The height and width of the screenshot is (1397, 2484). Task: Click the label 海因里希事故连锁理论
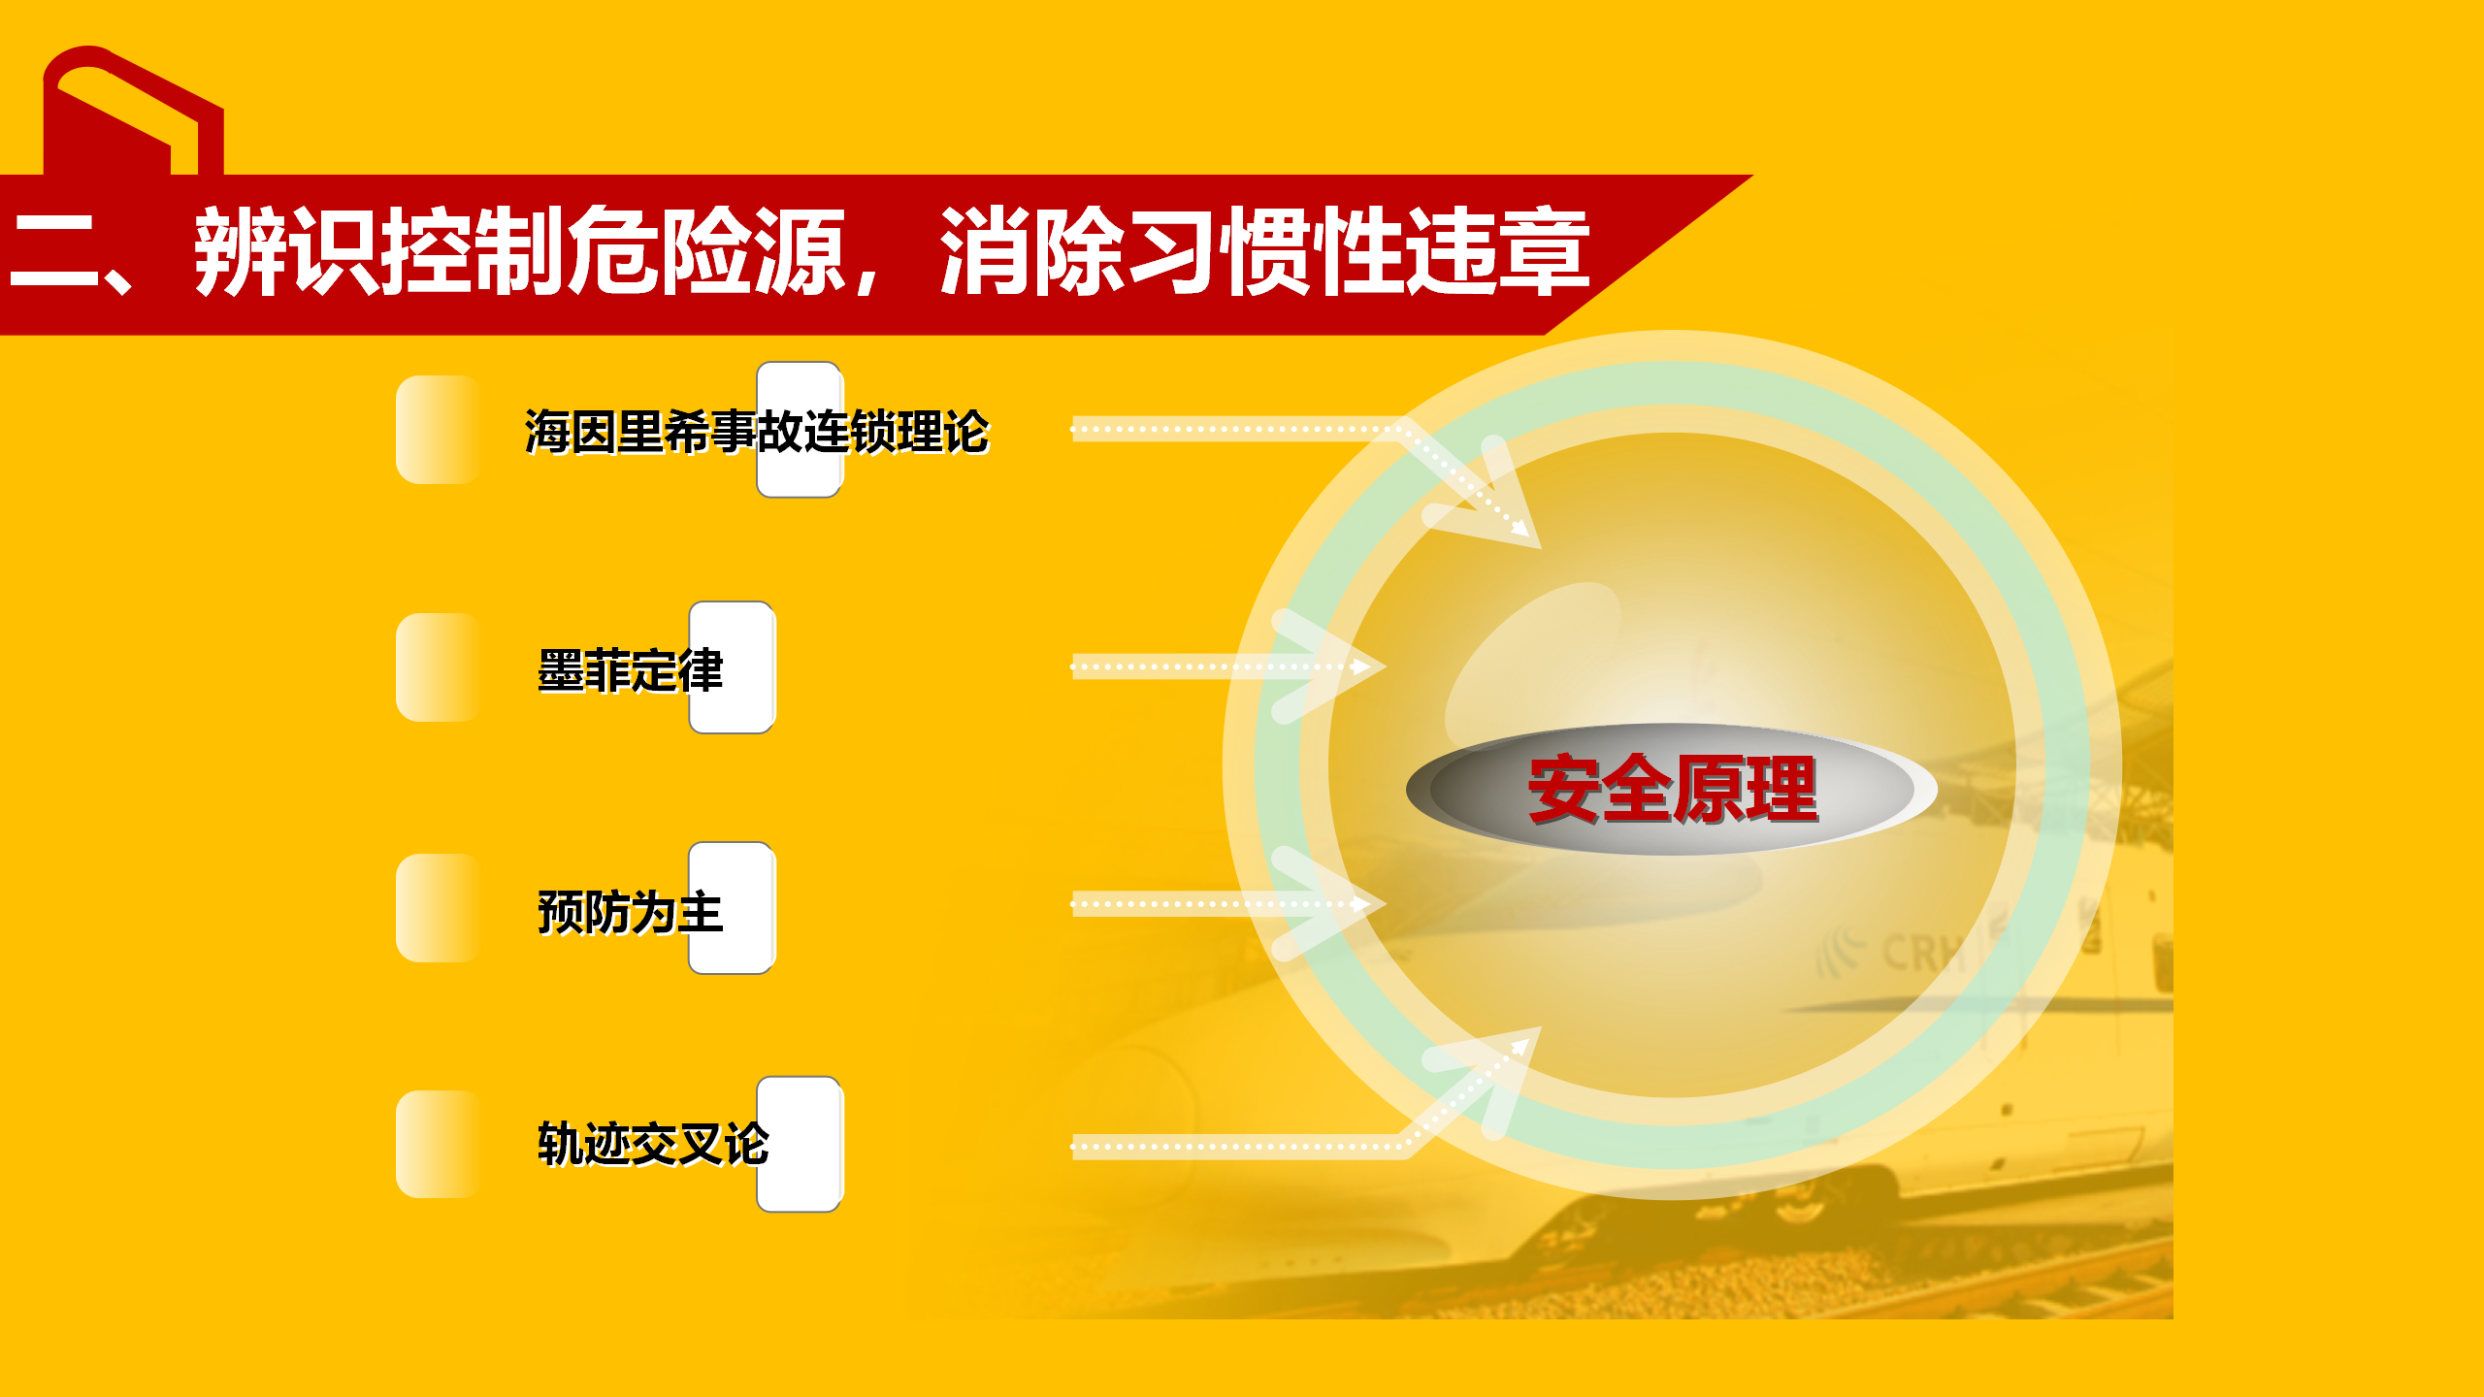click(x=757, y=432)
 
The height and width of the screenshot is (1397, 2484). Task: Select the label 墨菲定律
click(x=631, y=670)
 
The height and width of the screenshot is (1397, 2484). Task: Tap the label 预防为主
click(x=631, y=912)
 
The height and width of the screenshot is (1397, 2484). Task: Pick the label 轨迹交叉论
click(x=654, y=1144)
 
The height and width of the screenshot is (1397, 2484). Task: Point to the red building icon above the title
click(x=133, y=111)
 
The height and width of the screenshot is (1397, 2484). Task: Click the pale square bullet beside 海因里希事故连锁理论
click(x=439, y=430)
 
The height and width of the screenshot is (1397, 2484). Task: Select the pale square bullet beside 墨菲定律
click(x=439, y=667)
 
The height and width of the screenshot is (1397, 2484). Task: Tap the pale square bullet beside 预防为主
click(x=439, y=908)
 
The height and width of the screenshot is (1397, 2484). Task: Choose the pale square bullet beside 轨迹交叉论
click(x=439, y=1145)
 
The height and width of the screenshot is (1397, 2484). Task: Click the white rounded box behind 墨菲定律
click(x=733, y=667)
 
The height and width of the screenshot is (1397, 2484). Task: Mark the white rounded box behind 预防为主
click(x=733, y=908)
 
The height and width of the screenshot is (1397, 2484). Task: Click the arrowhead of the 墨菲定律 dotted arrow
click(x=1361, y=666)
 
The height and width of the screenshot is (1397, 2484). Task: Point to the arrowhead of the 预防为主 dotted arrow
click(x=1361, y=904)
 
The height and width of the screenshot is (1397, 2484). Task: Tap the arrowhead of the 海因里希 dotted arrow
click(x=1520, y=528)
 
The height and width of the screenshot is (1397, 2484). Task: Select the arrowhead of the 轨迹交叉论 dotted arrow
click(x=1520, y=1047)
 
